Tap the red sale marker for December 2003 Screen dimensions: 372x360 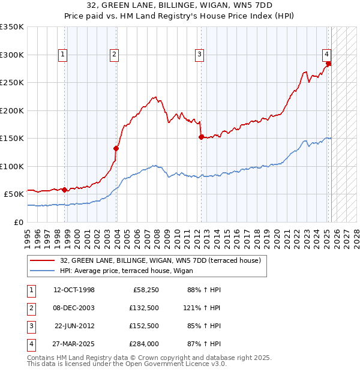pyautogui.click(x=116, y=148)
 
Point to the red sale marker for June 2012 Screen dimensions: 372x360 pyautogui.click(x=201, y=137)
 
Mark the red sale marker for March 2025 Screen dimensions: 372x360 pyautogui.click(x=329, y=64)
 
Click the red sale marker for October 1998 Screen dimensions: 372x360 pyautogui.click(x=65, y=190)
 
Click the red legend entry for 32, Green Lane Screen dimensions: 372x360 pyautogui.click(x=160, y=261)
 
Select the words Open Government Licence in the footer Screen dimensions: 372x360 pyautogui.click(x=179, y=364)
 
